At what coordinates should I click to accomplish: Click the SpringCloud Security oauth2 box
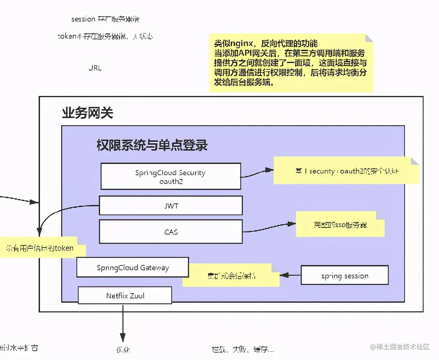171,176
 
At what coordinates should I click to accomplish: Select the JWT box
171,206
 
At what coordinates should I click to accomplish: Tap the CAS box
171,232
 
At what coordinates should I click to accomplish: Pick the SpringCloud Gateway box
132,268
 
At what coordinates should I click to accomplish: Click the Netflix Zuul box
125,295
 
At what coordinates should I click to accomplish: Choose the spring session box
344,275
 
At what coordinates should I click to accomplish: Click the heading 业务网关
87,113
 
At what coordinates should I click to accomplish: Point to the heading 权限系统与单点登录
152,145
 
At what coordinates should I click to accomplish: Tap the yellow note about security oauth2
346,171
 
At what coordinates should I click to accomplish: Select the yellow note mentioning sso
340,225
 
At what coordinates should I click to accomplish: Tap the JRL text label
95,68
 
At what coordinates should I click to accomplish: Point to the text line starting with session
105,19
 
